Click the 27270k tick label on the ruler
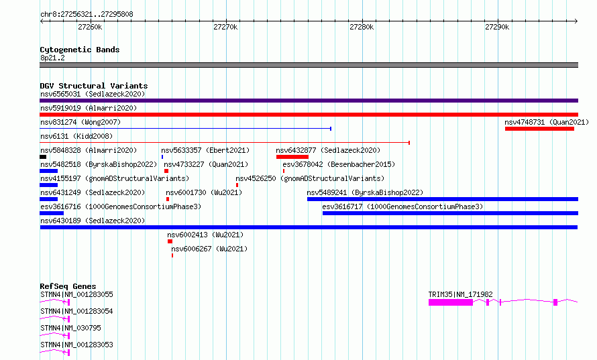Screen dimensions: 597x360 point(225,27)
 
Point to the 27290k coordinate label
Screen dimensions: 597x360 point(497,27)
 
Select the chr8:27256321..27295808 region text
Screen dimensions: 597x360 point(87,15)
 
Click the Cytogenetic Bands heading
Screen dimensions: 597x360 point(80,50)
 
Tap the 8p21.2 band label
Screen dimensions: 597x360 point(52,58)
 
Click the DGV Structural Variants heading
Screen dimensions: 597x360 point(94,86)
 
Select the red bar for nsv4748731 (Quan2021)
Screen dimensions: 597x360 point(539,129)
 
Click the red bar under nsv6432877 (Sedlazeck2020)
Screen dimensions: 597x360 point(292,157)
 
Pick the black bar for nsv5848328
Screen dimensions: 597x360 point(43,157)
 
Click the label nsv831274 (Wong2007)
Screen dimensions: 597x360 point(80,122)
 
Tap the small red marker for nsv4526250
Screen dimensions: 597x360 point(237,185)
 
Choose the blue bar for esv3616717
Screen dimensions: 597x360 point(450,213)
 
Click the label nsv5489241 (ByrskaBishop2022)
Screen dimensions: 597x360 point(365,192)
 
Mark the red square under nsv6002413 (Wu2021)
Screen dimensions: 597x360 point(170,241)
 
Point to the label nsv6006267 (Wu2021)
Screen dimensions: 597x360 point(209,249)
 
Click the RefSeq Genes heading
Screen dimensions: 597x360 point(68,286)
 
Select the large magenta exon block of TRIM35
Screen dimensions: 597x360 point(451,302)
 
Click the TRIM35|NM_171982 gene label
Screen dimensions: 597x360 point(460,294)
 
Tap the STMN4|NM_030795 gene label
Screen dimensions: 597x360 point(70,328)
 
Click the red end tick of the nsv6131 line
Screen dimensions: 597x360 point(409,143)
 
